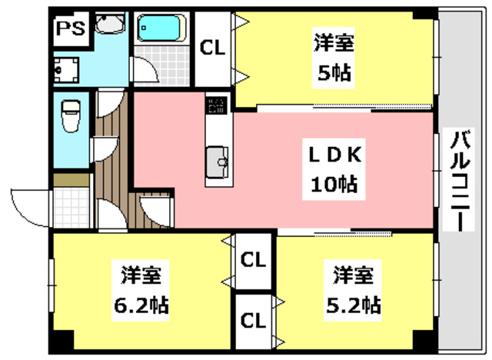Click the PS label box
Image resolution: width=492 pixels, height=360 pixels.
[70, 32]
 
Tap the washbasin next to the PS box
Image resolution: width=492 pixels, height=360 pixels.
[110, 26]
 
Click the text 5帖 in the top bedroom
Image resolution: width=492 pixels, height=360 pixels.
[332, 74]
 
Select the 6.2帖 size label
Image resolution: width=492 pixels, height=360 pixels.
[141, 304]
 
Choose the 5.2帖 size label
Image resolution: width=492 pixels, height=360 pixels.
[352, 304]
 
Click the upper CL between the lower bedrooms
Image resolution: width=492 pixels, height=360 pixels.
[253, 260]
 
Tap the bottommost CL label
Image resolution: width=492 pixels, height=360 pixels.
[253, 318]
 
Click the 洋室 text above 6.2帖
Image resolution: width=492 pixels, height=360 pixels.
[141, 274]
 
